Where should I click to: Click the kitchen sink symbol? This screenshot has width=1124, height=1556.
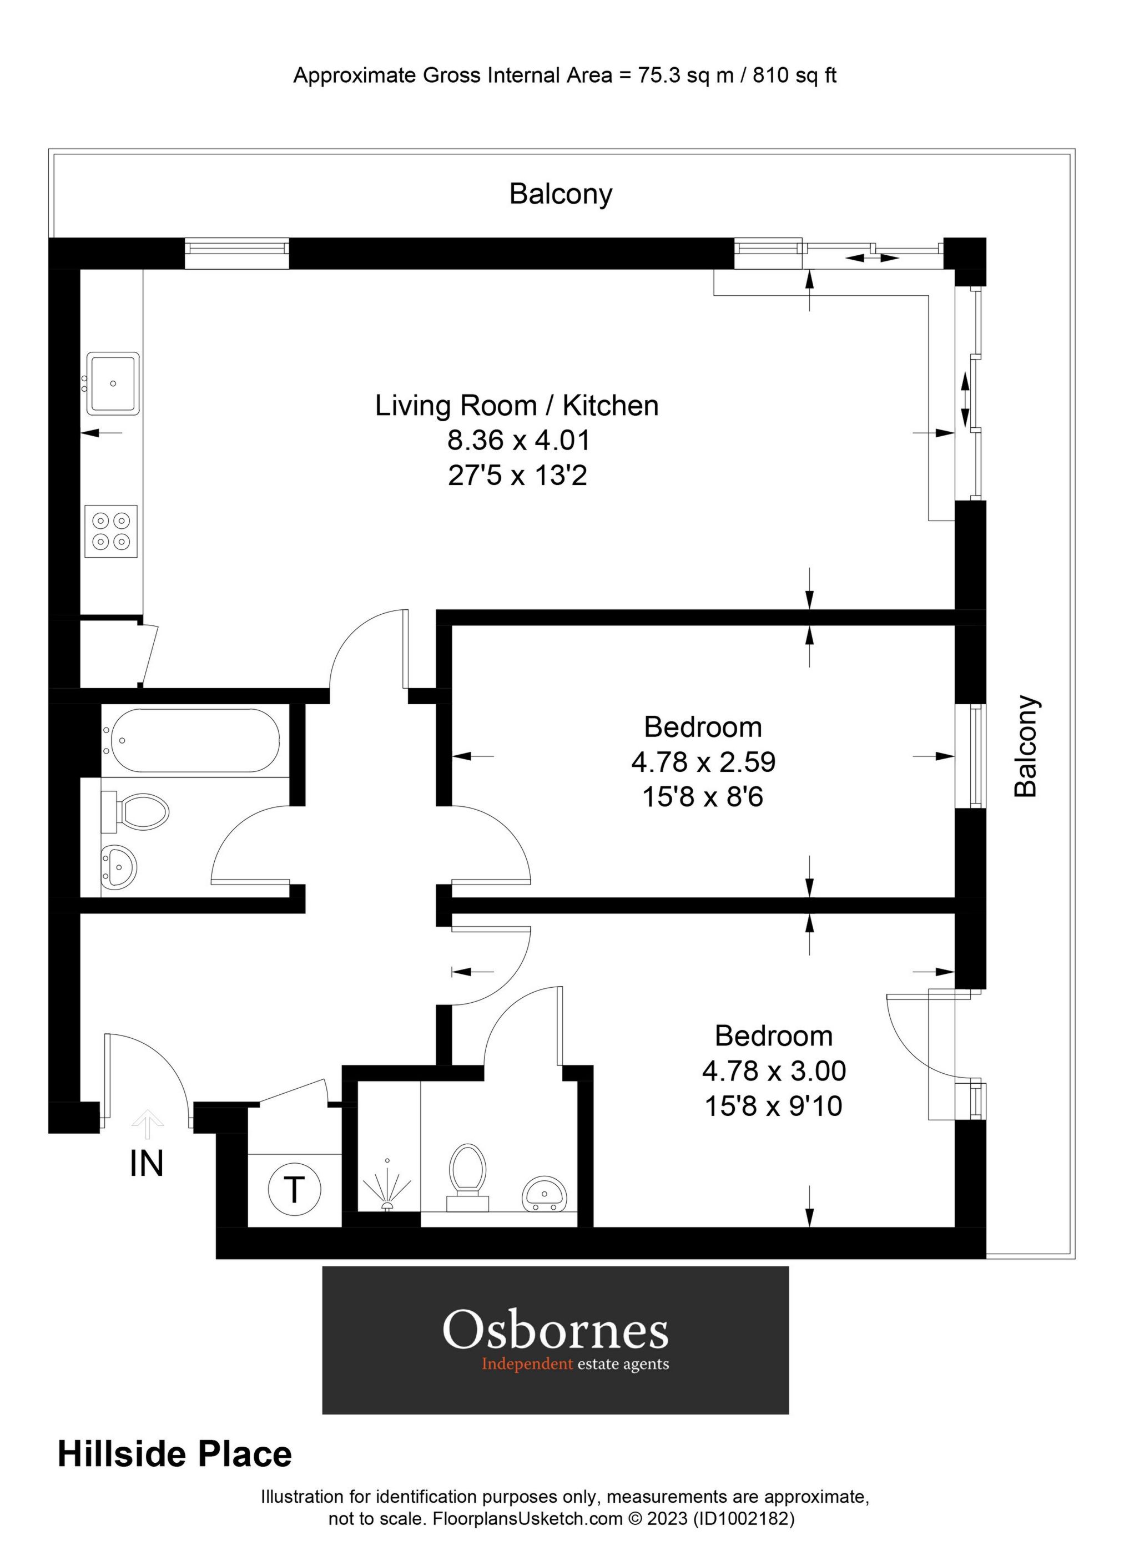(113, 383)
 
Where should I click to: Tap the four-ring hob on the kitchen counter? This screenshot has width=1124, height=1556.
(111, 531)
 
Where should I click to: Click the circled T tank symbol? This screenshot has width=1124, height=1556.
(294, 1189)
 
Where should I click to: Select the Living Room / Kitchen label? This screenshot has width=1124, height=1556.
(516, 406)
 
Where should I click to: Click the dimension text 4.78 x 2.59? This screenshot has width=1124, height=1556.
(703, 761)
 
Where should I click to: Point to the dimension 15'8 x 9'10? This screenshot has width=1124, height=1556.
(773, 1106)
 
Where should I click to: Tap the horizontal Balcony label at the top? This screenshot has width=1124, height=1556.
(560, 194)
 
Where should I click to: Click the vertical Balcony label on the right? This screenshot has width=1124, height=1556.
(1026, 746)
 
